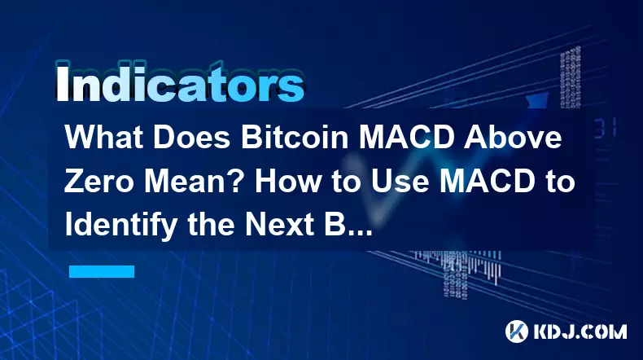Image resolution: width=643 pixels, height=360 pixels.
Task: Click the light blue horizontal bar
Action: click(x=102, y=271)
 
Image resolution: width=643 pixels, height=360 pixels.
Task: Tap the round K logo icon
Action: click(x=517, y=331)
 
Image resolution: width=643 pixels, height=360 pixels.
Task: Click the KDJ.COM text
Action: click(x=580, y=331)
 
